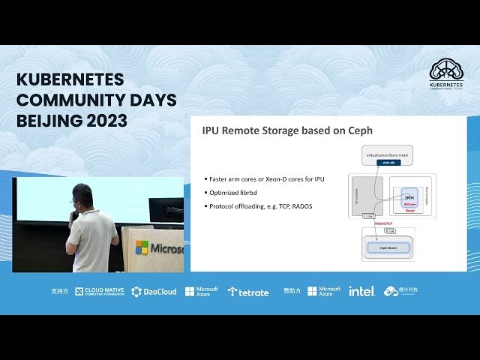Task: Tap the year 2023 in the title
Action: coord(106,121)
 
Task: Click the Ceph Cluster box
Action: coord(388,247)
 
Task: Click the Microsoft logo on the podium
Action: coord(142,247)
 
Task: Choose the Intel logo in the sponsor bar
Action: coord(361,291)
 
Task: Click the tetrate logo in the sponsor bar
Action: coord(248,292)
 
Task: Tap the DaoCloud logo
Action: coord(154,292)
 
